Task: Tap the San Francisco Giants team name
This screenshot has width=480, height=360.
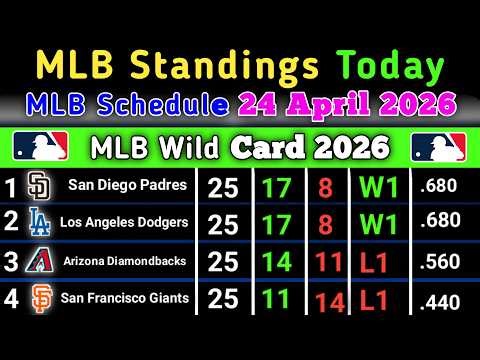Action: point(126,297)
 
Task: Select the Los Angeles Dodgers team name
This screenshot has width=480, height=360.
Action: point(126,223)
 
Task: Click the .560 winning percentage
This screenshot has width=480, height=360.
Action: point(440,261)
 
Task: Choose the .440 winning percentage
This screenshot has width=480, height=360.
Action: point(440,300)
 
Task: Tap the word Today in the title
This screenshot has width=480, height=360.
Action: point(389,68)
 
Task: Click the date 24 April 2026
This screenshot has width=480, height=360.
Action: point(345,104)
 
